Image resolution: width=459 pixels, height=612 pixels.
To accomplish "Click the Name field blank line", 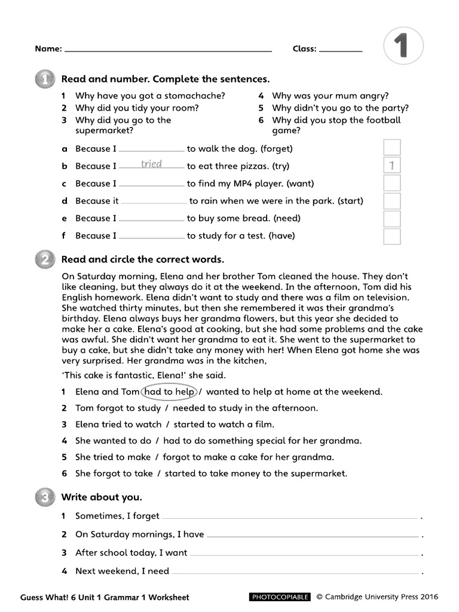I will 167,51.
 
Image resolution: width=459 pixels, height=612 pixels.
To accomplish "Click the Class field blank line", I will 341,51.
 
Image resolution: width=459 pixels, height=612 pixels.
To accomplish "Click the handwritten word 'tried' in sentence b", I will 151,164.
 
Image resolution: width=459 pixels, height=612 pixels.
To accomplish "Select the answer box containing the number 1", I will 391,166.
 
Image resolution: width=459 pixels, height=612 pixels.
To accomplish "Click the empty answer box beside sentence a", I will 391,148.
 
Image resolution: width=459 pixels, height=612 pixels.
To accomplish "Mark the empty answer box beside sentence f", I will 391,236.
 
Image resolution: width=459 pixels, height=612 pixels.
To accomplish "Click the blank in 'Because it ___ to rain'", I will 154,203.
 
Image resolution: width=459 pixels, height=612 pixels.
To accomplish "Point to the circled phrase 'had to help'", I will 169,392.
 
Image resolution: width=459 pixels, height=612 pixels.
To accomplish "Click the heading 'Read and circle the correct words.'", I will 143,259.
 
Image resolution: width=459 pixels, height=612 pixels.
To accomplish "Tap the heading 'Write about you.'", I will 102,497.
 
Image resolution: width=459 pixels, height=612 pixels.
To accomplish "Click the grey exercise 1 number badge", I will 44,79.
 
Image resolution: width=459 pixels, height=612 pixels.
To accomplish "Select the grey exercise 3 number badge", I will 44,497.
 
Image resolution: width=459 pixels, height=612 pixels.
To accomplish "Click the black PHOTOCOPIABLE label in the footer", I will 279,596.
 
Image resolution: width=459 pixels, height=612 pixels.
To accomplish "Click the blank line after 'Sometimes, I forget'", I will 289,517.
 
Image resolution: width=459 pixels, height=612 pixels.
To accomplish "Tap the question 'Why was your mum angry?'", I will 330,96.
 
